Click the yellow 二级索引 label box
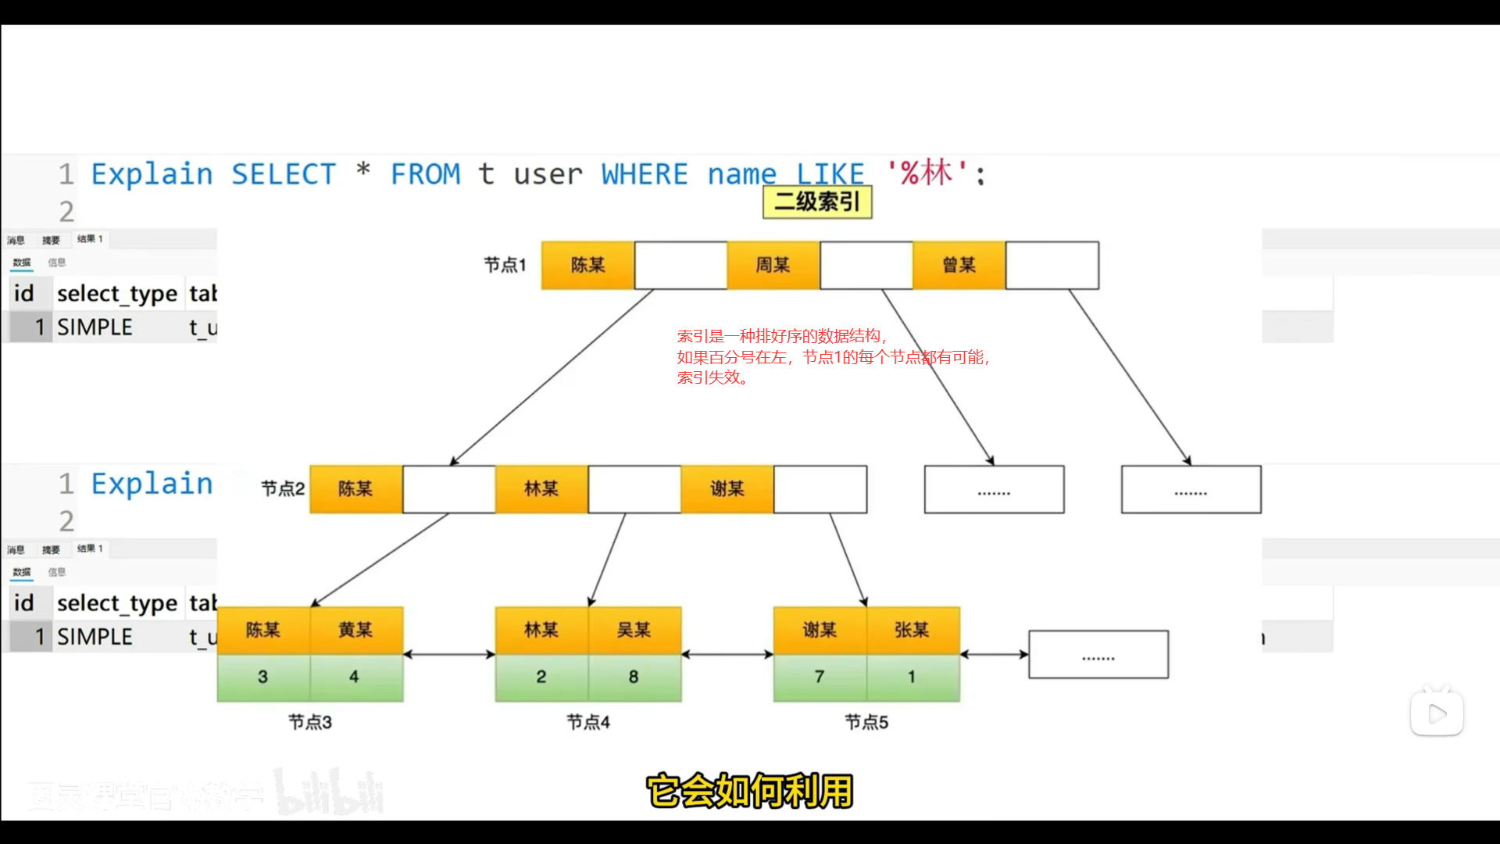tap(817, 202)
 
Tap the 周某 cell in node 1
tap(773, 266)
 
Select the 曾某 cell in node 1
tap(959, 266)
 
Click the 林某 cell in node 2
tap(541, 489)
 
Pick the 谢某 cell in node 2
tap(727, 489)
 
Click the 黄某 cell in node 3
tap(355, 630)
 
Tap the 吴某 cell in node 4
tap(634, 630)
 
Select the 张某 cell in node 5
tap(912, 630)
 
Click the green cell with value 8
tap(634, 677)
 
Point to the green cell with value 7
tap(820, 677)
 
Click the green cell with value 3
tap(263, 677)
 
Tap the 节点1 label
tap(505, 266)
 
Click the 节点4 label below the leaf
tap(588, 722)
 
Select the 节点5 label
tap(866, 722)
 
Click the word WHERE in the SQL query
tap(645, 174)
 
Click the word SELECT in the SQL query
tap(284, 174)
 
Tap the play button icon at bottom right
tap(1437, 713)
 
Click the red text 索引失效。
tap(712, 377)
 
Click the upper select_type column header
tap(117, 294)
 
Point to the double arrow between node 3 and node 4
tap(449, 654)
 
